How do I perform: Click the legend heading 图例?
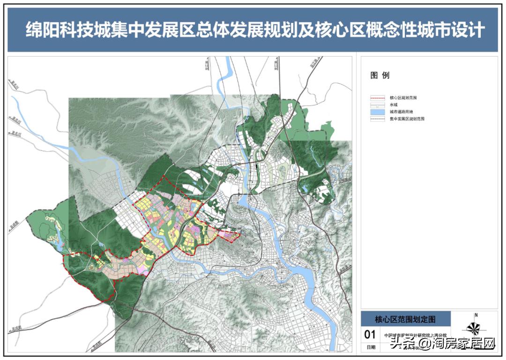[x=380, y=75]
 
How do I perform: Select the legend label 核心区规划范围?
[x=402, y=98]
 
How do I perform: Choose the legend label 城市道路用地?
[x=400, y=112]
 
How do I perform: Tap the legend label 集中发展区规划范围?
[x=406, y=119]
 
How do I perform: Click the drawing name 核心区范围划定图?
[x=405, y=319]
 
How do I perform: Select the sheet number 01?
[x=370, y=334]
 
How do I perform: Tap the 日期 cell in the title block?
[x=370, y=347]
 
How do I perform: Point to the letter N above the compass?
[x=476, y=315]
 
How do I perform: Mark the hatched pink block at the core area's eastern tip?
[x=230, y=236]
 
